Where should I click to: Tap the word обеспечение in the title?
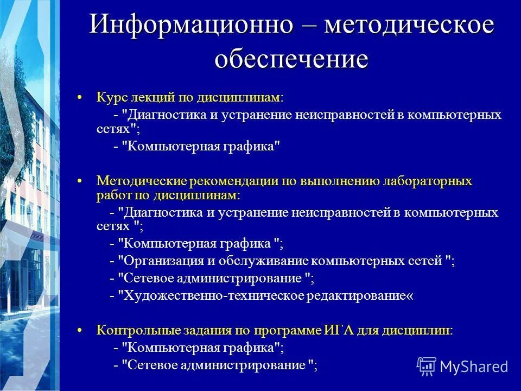(291, 59)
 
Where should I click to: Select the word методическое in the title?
(410, 26)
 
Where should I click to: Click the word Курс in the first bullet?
(112, 98)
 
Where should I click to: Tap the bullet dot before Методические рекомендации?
(80, 181)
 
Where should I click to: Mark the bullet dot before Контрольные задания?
(80, 330)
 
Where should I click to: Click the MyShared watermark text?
(474, 366)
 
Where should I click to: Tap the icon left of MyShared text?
(427, 366)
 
